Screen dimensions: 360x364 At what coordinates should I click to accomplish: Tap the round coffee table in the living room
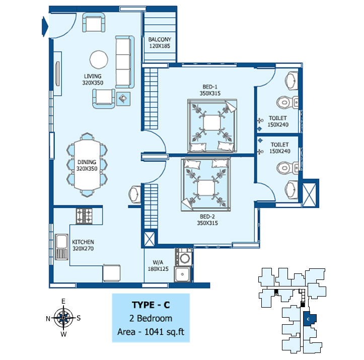point(98,59)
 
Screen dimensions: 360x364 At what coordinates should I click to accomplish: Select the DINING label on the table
point(87,165)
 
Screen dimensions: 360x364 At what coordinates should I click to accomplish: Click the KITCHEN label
point(83,245)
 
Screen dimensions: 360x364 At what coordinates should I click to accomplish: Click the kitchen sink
point(61,246)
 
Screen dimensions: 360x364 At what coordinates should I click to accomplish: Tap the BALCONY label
point(160,43)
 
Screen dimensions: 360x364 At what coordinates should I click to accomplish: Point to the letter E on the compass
point(63,301)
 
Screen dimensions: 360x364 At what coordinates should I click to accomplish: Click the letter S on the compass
point(79,318)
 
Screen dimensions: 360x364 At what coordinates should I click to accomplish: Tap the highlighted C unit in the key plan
point(309,319)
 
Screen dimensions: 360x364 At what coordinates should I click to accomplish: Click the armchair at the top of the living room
point(95,23)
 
